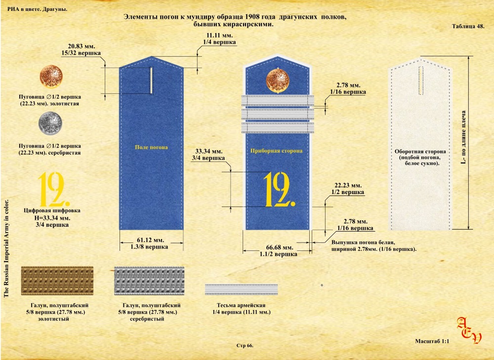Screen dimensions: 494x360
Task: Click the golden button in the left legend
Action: point(51,77)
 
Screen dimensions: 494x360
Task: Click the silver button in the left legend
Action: point(50,123)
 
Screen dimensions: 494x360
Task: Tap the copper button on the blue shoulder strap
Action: point(278,80)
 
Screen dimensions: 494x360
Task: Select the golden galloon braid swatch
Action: point(57,280)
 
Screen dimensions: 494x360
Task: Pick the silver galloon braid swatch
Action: point(149,280)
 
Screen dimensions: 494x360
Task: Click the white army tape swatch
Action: point(242,289)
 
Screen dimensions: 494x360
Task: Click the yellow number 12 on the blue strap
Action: point(280,189)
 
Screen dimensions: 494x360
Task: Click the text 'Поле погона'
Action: point(151,147)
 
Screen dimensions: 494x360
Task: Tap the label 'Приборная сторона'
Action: point(276,151)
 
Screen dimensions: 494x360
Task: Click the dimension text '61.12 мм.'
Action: point(151,240)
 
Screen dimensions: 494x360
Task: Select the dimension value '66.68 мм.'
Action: point(280,247)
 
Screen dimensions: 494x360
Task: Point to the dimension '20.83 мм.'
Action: point(82,46)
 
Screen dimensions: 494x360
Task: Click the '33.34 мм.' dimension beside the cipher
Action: point(209,151)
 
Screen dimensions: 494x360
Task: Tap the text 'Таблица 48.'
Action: point(468,26)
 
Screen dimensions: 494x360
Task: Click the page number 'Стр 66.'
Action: point(245,346)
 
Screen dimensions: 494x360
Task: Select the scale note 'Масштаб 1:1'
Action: point(432,341)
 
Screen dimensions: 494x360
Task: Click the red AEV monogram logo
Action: point(469,330)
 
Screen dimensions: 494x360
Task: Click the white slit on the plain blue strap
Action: point(151,80)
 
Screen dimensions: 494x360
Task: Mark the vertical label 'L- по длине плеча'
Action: point(463,137)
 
